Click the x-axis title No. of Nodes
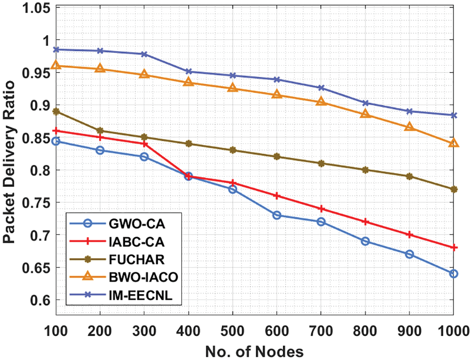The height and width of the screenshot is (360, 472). (254, 351)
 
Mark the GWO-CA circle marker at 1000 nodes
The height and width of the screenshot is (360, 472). (453, 274)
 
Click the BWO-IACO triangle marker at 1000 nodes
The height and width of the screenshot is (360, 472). (453, 143)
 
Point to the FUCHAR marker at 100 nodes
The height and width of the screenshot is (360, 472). (56, 111)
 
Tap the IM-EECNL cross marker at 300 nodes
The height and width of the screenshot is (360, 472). (144, 54)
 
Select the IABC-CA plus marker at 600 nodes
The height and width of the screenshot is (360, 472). (277, 196)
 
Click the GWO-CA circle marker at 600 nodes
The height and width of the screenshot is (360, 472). (277, 215)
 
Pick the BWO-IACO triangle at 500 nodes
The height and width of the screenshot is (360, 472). (233, 88)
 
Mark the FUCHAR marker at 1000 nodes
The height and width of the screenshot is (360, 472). (453, 190)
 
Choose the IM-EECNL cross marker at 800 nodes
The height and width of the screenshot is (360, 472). (365, 103)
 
